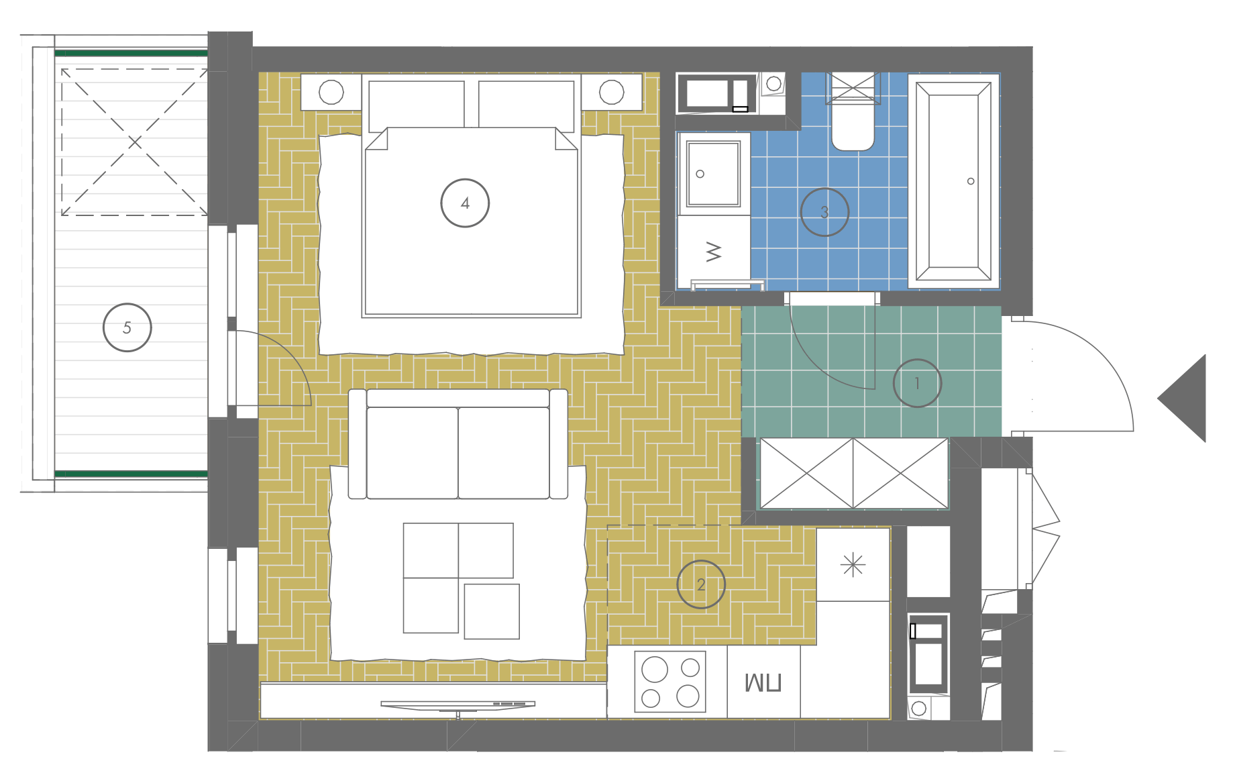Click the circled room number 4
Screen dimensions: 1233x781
[x=465, y=203]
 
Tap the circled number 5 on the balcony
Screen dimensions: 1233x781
[x=127, y=327]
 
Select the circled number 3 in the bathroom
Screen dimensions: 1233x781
[x=824, y=212]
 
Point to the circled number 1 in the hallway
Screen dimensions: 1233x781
[x=917, y=383]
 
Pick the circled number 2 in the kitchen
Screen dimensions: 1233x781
[x=701, y=584]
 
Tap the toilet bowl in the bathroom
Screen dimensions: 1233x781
[x=853, y=127]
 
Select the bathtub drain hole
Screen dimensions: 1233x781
[x=971, y=181]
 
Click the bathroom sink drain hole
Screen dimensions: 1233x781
[x=700, y=174]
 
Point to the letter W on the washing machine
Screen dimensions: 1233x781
[x=714, y=252]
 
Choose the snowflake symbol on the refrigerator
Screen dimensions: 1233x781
[x=853, y=564]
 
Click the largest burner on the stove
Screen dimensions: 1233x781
[x=655, y=669]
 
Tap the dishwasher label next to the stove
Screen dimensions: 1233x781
[x=763, y=683]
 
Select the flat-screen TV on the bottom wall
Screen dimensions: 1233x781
[x=458, y=705]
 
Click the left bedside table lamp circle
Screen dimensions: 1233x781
[x=331, y=92]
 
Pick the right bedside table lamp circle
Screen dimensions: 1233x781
[x=611, y=92]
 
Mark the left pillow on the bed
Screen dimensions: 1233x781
[x=417, y=105]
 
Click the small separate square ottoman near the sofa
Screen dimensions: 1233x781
[x=492, y=611]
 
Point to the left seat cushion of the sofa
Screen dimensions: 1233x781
[x=412, y=453]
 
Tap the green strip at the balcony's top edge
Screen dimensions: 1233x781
[x=131, y=53]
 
